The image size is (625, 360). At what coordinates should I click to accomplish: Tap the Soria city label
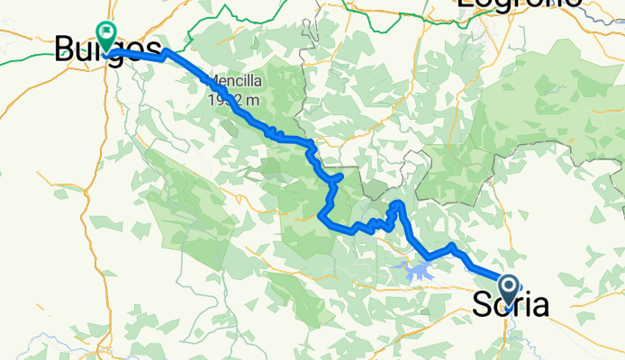[x=510, y=305]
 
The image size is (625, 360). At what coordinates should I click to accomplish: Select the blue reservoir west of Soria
[x=416, y=270]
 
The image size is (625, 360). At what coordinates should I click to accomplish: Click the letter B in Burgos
[x=64, y=49]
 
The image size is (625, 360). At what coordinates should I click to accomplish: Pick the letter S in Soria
[x=482, y=305]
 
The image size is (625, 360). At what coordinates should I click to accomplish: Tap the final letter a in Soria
[x=539, y=305]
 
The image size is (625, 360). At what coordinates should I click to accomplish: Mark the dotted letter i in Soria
[x=523, y=305]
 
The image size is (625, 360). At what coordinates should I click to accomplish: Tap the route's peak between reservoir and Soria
[x=452, y=246]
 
